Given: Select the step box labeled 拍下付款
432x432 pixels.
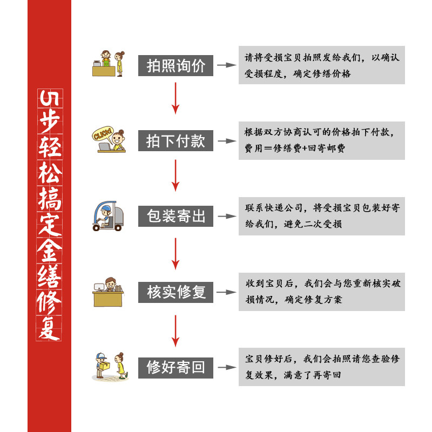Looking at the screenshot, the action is pyautogui.click(x=176, y=141).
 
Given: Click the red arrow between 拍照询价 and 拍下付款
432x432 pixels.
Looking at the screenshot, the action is pyautogui.click(x=175, y=98).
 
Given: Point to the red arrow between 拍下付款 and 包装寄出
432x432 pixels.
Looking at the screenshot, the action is pyautogui.click(x=175, y=175).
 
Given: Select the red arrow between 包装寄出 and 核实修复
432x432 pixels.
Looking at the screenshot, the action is pyautogui.click(x=175, y=252).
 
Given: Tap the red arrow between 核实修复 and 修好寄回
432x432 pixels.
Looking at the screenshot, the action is pyautogui.click(x=175, y=330).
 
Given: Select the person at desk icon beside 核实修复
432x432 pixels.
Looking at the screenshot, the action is pyautogui.click(x=109, y=292).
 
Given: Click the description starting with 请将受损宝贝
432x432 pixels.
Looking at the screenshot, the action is pyautogui.click(x=322, y=65).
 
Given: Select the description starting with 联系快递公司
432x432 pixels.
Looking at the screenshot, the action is pyautogui.click(x=322, y=216).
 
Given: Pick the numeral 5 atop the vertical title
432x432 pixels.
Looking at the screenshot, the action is pyautogui.click(x=49, y=98).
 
